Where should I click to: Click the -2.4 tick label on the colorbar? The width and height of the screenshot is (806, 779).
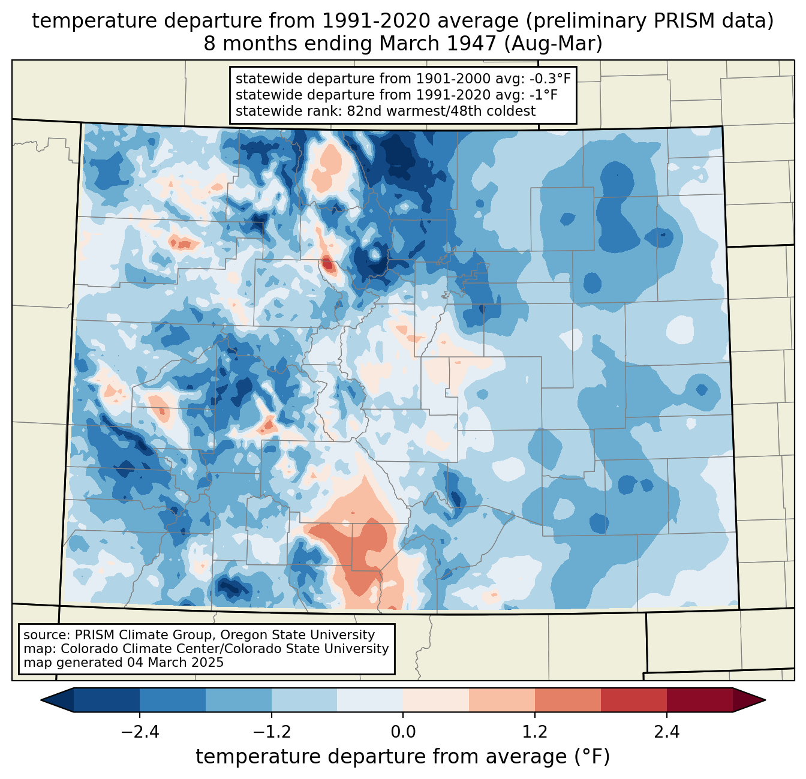click(x=140, y=733)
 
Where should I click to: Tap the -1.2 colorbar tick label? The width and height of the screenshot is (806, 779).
click(x=272, y=733)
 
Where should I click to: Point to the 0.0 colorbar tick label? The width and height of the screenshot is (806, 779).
click(x=403, y=733)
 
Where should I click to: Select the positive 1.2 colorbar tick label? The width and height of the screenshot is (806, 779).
click(x=535, y=733)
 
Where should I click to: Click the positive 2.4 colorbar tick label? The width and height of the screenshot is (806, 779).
click(x=667, y=733)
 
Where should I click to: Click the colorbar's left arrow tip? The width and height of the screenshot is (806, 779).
click(x=41, y=700)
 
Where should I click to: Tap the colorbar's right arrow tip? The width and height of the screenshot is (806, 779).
click(x=765, y=700)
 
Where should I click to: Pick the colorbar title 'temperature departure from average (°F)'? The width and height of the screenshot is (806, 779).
click(x=403, y=757)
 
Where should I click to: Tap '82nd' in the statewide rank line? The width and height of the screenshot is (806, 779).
click(x=361, y=111)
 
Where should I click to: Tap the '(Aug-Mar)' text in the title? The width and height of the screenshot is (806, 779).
click(x=553, y=44)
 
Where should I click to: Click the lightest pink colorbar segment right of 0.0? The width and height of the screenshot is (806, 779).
click(x=436, y=700)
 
